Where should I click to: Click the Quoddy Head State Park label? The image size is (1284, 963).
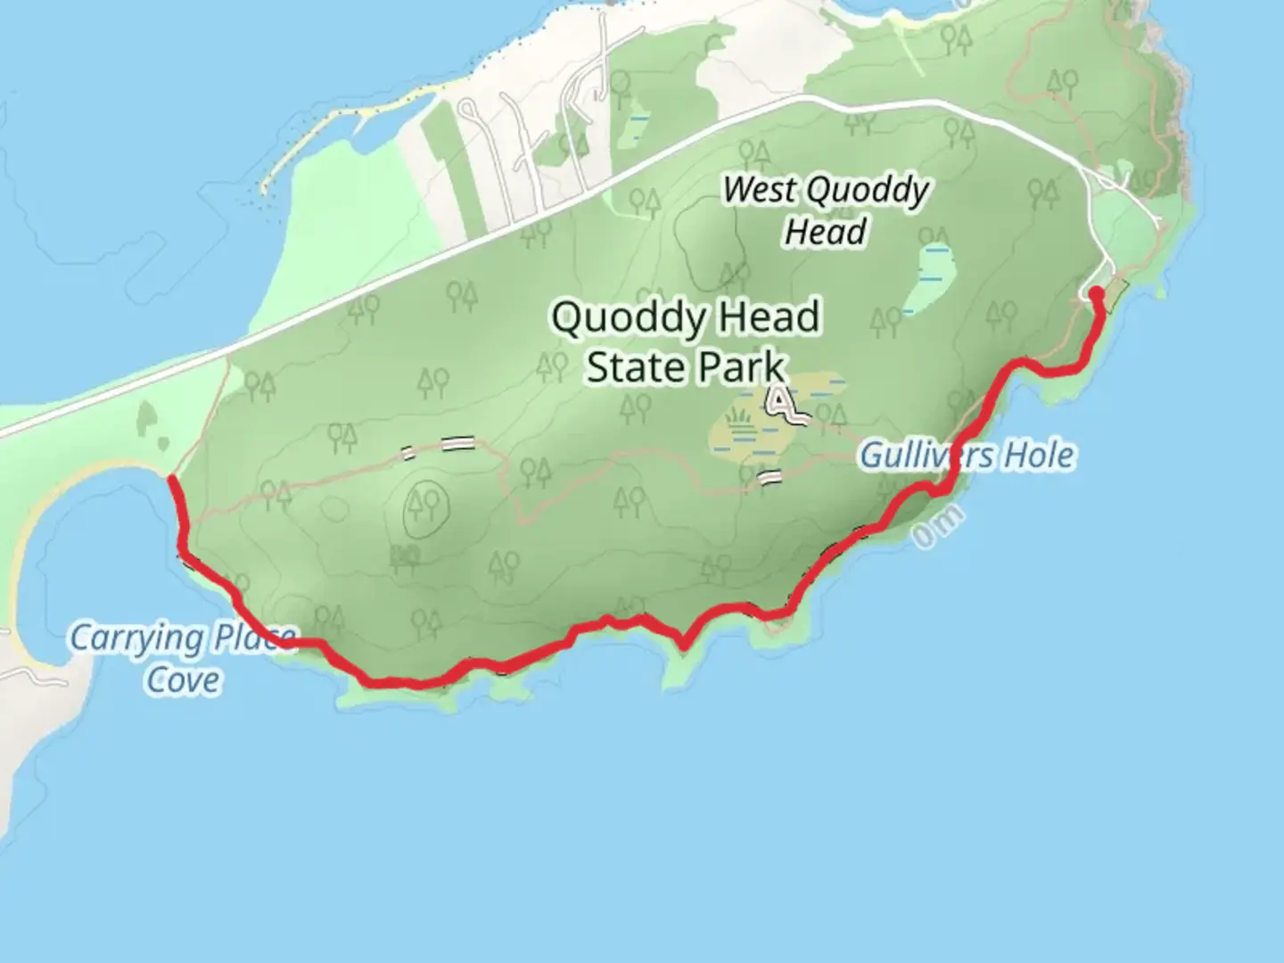pyautogui.click(x=686, y=342)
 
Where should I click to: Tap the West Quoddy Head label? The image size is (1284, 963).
pyautogui.click(x=826, y=210)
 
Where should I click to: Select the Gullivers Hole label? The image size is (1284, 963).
pyautogui.click(x=967, y=456)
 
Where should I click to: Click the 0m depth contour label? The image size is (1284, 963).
pyautogui.click(x=938, y=527)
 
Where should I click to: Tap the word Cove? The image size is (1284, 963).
pyautogui.click(x=184, y=680)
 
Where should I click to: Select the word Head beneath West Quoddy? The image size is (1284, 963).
pyautogui.click(x=826, y=232)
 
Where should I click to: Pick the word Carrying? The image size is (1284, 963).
pyautogui.click(x=136, y=638)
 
